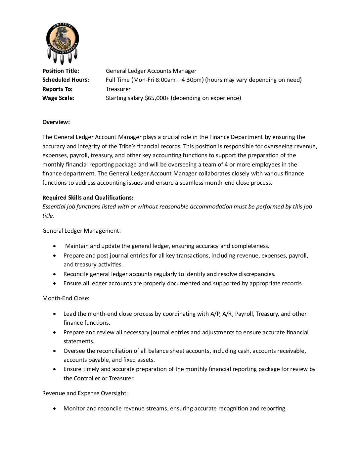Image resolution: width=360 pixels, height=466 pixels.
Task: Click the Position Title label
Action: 61,71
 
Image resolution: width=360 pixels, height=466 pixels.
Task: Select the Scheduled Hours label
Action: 66,80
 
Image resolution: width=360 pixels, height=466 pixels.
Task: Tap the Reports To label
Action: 57,89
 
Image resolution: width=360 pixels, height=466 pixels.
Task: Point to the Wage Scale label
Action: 58,98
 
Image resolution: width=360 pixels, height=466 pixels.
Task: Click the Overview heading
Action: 56,122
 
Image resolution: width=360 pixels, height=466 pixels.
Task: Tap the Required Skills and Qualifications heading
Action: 88,198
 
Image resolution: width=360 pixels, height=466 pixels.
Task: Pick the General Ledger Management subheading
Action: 81,230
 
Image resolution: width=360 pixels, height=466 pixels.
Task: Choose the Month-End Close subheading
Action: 66,298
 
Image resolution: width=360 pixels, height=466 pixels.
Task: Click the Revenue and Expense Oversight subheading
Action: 85,393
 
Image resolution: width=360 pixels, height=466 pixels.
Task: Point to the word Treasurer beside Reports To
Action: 118,89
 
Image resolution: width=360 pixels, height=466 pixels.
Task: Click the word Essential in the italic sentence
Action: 54,207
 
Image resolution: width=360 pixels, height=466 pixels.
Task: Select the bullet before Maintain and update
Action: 55,246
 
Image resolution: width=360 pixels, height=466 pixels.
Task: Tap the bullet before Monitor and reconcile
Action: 55,409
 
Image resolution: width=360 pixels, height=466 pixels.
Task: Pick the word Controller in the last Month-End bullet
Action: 87,378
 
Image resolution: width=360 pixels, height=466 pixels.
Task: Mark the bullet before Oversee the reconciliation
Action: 55,351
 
